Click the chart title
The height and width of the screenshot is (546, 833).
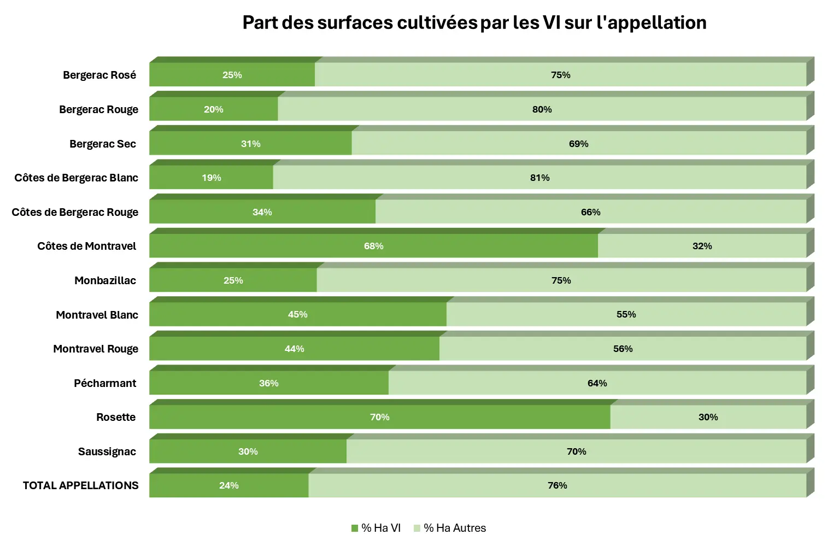[x=474, y=23]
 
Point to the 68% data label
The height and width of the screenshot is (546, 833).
[x=373, y=246]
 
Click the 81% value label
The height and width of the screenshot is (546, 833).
[x=539, y=178]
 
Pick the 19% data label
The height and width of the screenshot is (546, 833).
[x=212, y=178]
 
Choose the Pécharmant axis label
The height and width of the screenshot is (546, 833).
[x=105, y=383]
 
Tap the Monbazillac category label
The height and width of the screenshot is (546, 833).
[x=105, y=280]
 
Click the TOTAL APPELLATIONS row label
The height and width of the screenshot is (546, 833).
[x=80, y=485]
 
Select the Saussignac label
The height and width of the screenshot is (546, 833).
[x=107, y=451]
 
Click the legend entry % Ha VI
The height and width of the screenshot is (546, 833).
[x=376, y=528]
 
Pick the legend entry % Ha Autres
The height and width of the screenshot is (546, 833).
[x=450, y=528]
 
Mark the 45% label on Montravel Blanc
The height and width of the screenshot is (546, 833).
[x=297, y=314]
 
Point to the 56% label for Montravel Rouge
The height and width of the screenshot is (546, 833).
[x=623, y=349]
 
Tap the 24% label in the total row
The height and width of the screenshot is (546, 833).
[x=228, y=485]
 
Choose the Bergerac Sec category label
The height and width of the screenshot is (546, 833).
[x=103, y=144]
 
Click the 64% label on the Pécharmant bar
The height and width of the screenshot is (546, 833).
[x=597, y=383]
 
